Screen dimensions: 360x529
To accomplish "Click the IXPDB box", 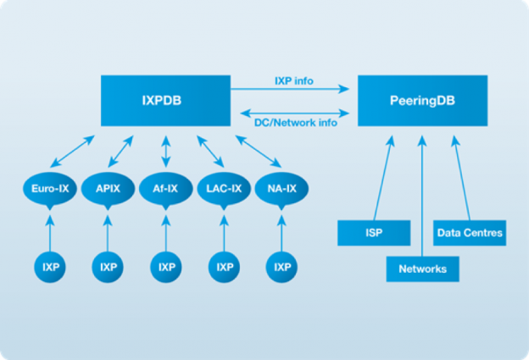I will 165,100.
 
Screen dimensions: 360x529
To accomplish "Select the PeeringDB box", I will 420,100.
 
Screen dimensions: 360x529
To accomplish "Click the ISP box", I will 374,232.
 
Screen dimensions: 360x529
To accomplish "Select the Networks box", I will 422,269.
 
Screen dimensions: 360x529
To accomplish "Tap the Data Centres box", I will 470,232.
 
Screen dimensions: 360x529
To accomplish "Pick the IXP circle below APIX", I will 108,267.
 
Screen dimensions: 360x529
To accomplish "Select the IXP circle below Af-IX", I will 165,267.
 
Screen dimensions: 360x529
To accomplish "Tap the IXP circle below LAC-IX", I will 224,267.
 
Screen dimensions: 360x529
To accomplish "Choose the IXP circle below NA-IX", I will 281,267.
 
